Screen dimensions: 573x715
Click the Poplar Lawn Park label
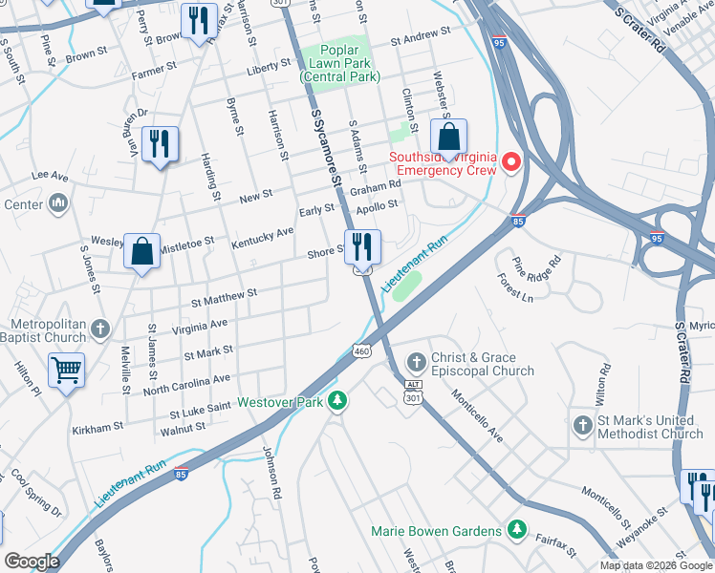click(x=329, y=63)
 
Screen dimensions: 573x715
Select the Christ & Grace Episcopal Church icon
click(x=416, y=363)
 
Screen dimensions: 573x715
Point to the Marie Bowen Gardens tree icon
click(x=517, y=529)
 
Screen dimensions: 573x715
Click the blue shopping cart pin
click(x=66, y=370)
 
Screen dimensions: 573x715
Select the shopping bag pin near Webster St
click(x=448, y=136)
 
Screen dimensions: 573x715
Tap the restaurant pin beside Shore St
click(x=362, y=246)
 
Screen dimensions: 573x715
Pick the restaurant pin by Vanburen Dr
click(x=160, y=144)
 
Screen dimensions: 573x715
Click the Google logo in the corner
click(x=32, y=562)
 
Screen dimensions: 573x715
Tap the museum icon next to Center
click(x=57, y=202)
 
